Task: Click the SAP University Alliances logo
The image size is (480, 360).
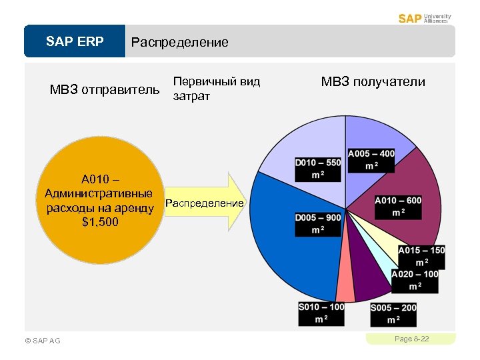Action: coord(425,18)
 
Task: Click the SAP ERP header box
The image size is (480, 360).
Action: coord(75,42)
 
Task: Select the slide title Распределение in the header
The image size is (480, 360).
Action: coord(179,43)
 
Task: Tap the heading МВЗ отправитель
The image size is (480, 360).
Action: coord(105,89)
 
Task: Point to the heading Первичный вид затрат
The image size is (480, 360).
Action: coord(216,89)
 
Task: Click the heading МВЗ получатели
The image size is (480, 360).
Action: coord(373,82)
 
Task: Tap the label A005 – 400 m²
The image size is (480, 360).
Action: coord(371,160)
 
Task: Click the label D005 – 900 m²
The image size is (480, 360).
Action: coord(318,224)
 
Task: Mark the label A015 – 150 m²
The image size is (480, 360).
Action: coord(421,257)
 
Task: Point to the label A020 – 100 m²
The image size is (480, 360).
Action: coord(415,281)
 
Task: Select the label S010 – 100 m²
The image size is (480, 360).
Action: coord(321,313)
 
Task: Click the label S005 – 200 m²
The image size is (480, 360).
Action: coord(393,314)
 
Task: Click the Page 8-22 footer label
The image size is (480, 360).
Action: coord(411,339)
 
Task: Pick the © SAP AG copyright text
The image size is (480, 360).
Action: coord(42,341)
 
